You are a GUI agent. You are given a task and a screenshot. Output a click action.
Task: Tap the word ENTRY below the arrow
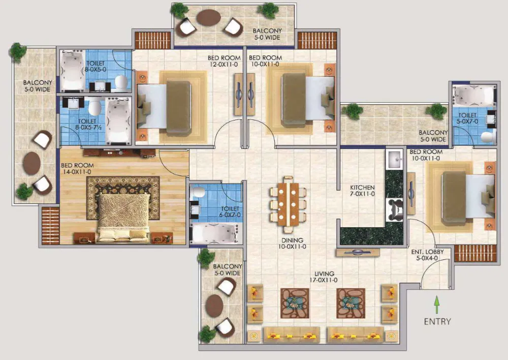[437, 321]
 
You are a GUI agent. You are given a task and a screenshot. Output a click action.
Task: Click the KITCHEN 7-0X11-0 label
[362, 190]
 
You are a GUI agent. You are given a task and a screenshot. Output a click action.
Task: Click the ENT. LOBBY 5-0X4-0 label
[427, 255]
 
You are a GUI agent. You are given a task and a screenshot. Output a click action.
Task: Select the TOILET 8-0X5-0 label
[96, 67]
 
